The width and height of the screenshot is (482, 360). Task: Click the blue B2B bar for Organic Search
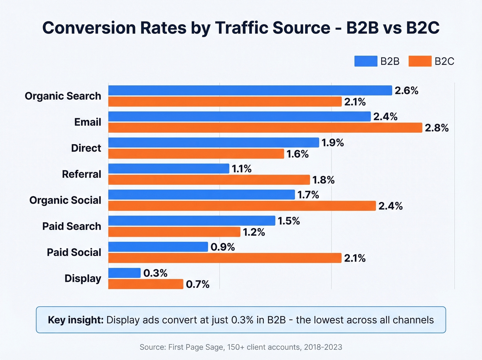tap(250, 91)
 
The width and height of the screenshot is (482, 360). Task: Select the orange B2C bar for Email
tap(265, 128)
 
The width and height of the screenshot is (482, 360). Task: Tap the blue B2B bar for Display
tap(124, 273)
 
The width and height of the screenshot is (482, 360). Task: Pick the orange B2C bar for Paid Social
tap(225, 258)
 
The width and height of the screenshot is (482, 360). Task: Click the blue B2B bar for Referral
tap(169, 169)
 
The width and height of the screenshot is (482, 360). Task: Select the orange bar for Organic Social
tap(242, 206)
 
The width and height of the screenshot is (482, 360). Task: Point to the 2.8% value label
tap(437, 128)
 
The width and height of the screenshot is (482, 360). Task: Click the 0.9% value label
tap(222, 247)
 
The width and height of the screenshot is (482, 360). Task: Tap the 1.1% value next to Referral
tap(241, 169)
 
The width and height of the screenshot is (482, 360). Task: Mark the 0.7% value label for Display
tap(198, 284)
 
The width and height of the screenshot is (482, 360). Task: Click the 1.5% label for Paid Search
tap(289, 221)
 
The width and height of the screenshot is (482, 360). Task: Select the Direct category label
tap(86, 148)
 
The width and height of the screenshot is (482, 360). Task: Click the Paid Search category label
tap(72, 226)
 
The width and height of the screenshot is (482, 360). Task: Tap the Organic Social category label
tap(65, 200)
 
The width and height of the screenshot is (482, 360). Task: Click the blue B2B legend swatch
tap(366, 61)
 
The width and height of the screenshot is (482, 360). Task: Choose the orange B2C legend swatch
tap(420, 61)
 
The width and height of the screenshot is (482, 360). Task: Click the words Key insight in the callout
tap(75, 320)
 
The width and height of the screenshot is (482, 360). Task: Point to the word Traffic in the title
tap(243, 28)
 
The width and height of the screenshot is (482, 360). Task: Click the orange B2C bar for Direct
tap(196, 154)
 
